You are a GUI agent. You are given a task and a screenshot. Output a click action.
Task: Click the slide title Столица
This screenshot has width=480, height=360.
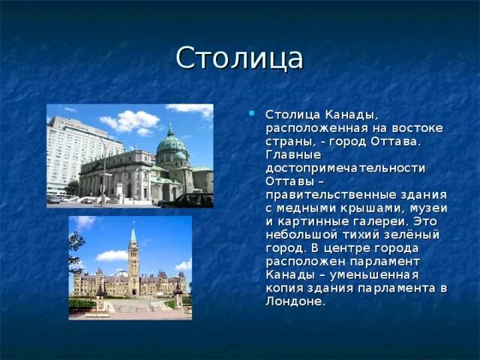point(239,58)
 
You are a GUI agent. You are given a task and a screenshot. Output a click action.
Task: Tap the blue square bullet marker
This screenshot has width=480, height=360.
point(252,113)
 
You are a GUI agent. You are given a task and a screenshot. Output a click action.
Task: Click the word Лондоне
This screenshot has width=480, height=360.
point(295,301)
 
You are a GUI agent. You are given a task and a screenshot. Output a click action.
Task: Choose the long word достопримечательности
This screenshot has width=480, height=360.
point(345,169)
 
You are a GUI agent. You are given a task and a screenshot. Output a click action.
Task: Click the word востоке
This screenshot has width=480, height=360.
point(417,128)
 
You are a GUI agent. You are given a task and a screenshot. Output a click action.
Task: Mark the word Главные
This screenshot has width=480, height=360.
point(293,155)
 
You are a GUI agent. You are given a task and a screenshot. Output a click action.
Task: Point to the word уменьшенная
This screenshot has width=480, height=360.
point(373,275)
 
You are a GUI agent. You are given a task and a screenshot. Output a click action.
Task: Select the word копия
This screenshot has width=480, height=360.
point(284,288)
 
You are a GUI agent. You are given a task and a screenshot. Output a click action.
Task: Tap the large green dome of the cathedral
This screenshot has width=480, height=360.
point(171,143)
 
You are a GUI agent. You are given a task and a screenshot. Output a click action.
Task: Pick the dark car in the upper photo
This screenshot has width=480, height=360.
point(187,200)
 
